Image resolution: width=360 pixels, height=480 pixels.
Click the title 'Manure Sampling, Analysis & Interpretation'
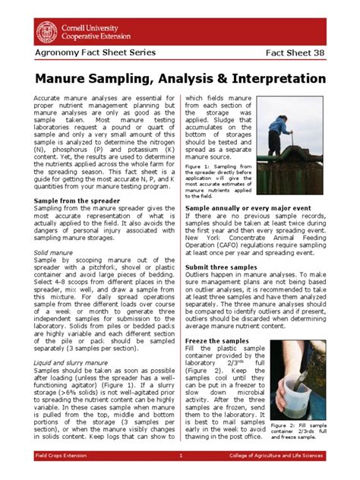coord(179,79)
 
